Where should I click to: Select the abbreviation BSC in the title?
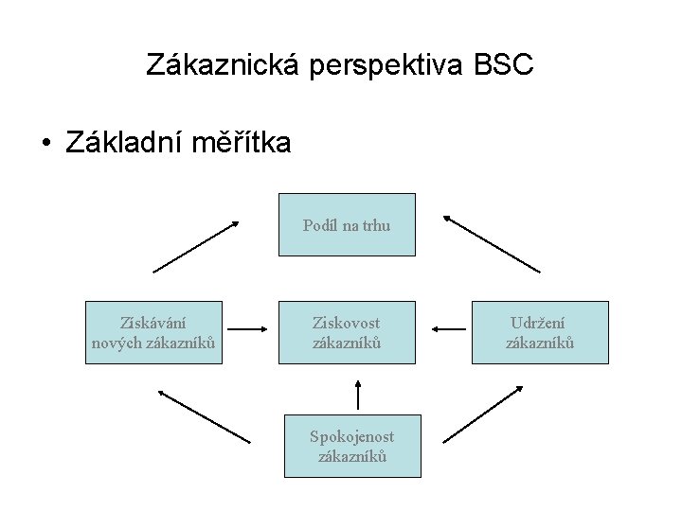505,65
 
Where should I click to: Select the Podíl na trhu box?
347,224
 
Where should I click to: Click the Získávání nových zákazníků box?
153,332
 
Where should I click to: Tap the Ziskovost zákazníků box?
347,332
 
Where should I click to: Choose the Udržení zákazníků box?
540,332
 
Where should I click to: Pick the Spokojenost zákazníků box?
352,446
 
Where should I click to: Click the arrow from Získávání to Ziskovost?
250,329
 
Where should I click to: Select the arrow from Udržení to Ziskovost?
448,329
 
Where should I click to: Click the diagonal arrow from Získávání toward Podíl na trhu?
197,246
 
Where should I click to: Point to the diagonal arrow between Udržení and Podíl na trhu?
492,244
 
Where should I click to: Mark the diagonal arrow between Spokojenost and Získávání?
204,416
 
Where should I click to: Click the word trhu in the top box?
374,225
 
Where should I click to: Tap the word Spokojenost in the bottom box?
352,436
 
